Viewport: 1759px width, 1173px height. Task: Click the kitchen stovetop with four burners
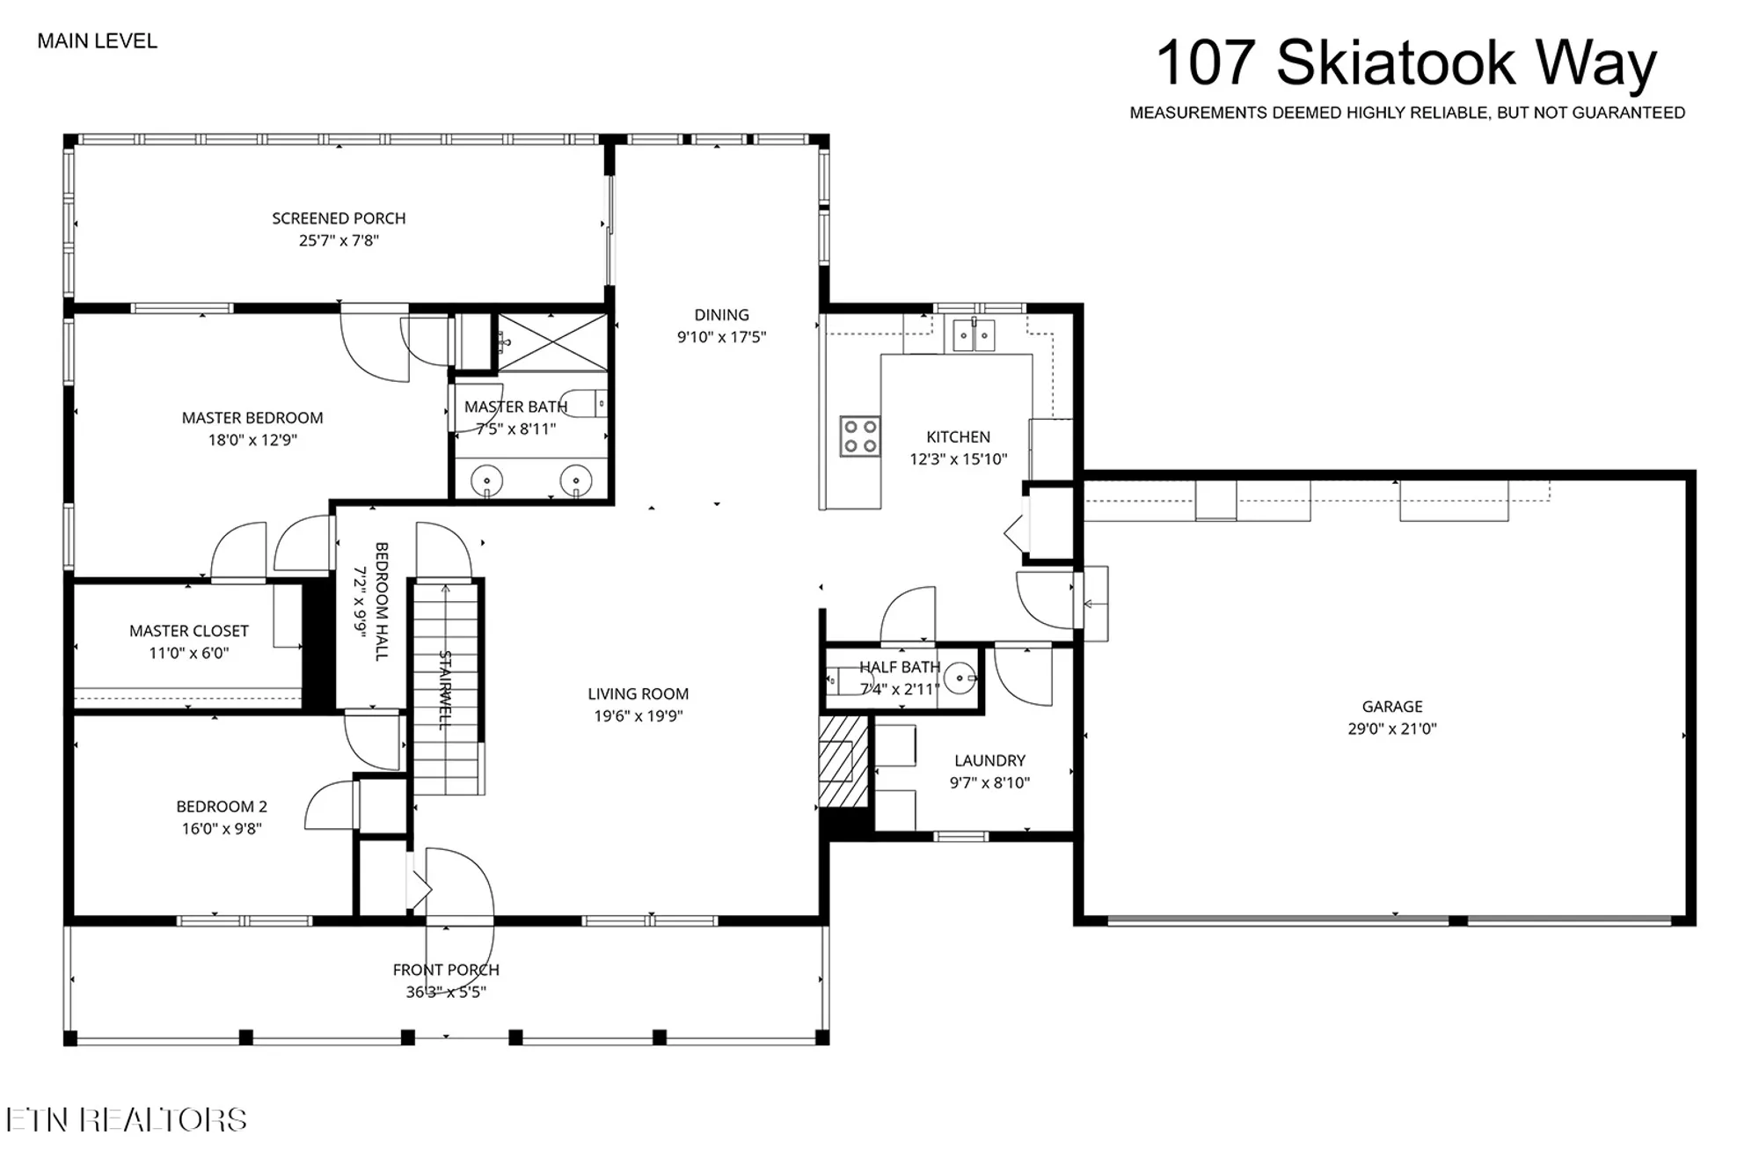click(859, 436)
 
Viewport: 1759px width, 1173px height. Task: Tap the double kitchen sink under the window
click(974, 335)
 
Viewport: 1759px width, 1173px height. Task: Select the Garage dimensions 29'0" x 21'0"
click(1391, 729)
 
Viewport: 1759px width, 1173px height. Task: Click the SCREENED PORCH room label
click(339, 218)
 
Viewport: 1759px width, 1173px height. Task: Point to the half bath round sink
click(960, 678)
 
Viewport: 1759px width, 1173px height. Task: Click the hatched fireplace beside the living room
click(843, 761)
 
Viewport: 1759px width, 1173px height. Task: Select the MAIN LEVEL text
click(97, 41)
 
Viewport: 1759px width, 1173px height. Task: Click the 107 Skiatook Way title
click(1405, 63)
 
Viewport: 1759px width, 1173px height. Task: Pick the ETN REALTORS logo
click(126, 1120)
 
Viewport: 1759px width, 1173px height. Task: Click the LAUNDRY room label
click(989, 760)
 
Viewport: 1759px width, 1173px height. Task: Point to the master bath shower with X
click(552, 342)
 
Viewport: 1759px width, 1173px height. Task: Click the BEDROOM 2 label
click(222, 806)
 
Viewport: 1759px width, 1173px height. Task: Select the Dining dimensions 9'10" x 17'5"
click(721, 337)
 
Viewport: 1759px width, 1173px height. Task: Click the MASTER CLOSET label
click(188, 631)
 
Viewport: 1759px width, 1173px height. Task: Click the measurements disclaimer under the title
click(1406, 113)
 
